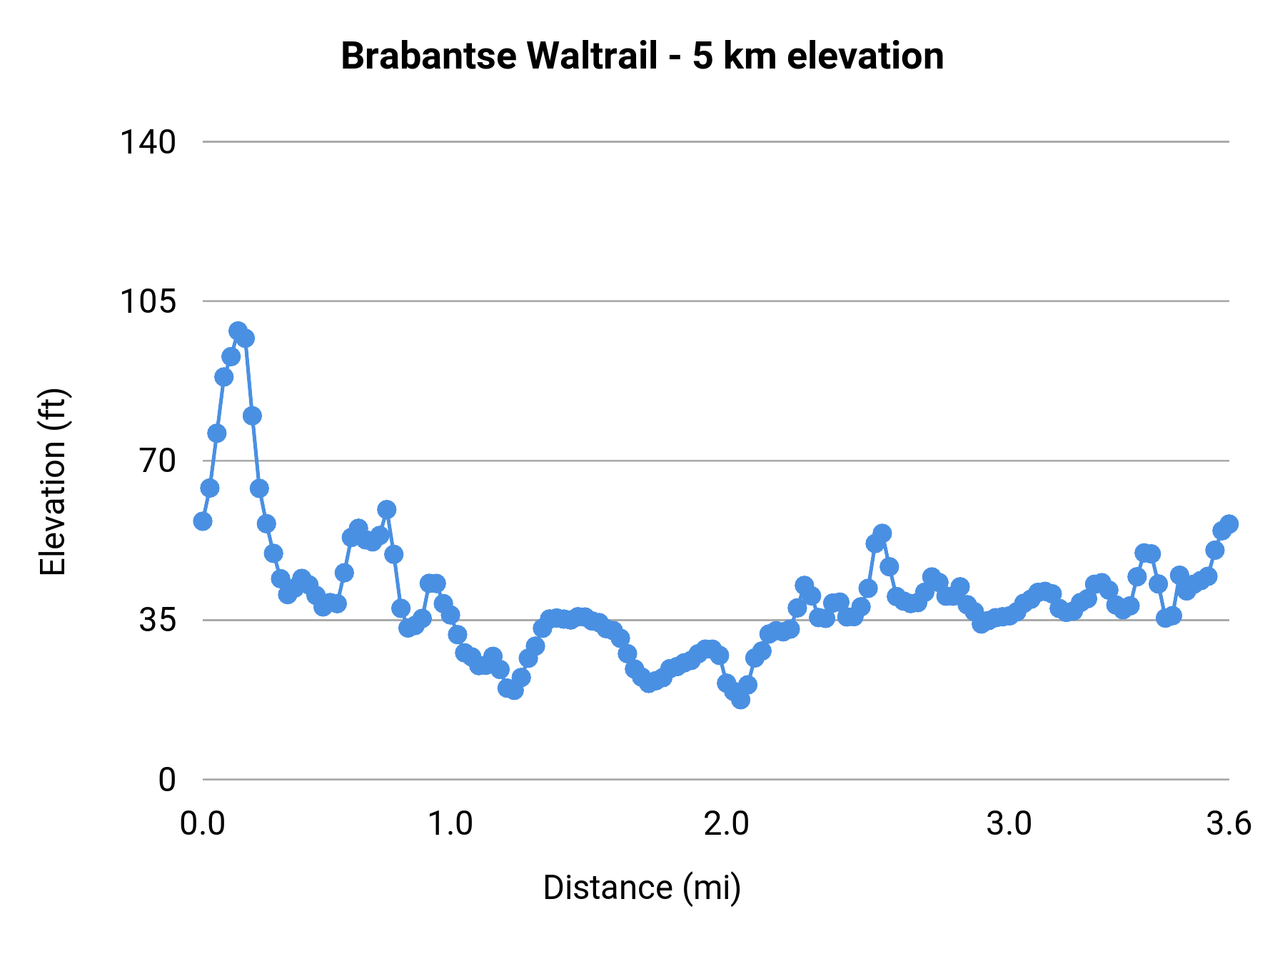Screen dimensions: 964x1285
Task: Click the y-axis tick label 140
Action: pos(147,142)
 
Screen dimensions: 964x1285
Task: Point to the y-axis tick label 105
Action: pos(147,301)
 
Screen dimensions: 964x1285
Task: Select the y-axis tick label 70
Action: pos(157,461)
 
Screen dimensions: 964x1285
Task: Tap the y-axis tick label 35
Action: pos(157,620)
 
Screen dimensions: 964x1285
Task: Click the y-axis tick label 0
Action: pos(166,780)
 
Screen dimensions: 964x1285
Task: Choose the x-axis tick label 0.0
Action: pos(202,824)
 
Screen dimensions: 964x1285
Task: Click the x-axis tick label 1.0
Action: pos(450,824)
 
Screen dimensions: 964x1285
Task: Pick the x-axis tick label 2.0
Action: pos(726,824)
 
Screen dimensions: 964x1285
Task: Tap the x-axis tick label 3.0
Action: pos(1009,824)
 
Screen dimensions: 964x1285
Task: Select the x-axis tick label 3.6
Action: pos(1229,824)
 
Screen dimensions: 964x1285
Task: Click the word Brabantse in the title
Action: pos(428,56)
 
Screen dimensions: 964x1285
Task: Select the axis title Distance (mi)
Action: pos(642,888)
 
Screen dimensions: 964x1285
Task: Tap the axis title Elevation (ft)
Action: pos(53,482)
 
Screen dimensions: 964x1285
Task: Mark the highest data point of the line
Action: pos(238,331)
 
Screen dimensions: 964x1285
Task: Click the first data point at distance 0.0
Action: pos(203,521)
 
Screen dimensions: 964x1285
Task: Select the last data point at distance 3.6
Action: pos(1229,524)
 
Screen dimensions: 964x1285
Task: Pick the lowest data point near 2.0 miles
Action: pos(740,700)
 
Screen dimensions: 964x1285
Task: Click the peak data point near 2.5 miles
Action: pos(882,533)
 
